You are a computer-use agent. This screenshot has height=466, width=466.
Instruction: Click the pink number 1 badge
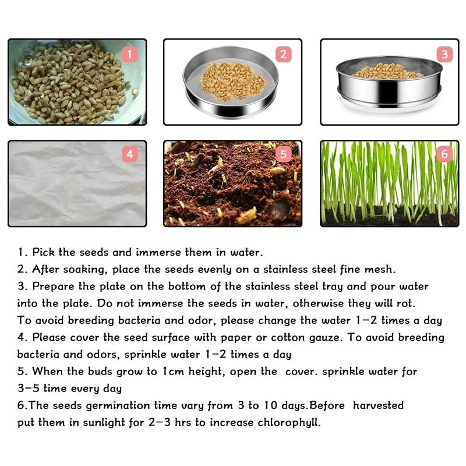pos(130,55)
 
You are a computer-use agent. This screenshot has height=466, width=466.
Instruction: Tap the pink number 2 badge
pos(283,55)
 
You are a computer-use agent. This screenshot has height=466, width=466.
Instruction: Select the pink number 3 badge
pos(444,55)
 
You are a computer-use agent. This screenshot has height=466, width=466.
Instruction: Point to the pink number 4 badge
pos(130,154)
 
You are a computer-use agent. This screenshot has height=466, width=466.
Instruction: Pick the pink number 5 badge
pos(284,154)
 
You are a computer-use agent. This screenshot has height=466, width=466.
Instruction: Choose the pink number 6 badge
pos(444,154)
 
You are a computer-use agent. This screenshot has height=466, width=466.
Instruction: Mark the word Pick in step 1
pos(44,253)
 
